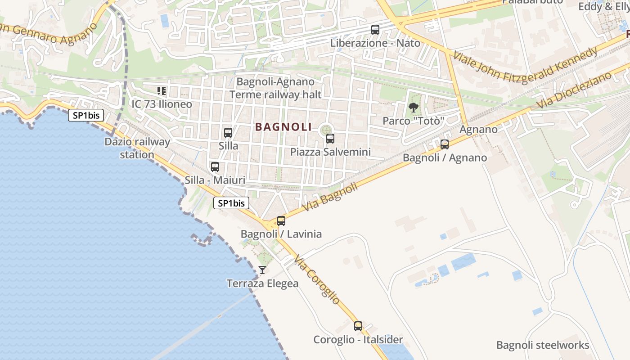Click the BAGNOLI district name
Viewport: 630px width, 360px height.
(283, 127)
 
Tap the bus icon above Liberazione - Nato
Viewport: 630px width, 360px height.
(375, 30)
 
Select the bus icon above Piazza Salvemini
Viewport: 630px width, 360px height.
(330, 139)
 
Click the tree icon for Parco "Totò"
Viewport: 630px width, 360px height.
(413, 108)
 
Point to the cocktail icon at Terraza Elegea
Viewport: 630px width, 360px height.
(262, 270)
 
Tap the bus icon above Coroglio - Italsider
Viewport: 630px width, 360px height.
(358, 326)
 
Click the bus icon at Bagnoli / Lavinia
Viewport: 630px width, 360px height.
(281, 221)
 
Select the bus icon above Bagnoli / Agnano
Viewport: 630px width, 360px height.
(445, 144)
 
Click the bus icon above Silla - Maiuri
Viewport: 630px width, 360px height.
(215, 167)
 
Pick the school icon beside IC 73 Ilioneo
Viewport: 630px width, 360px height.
(162, 91)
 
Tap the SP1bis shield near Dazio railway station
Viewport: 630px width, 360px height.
(86, 115)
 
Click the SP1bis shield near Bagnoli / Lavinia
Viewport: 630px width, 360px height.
(231, 203)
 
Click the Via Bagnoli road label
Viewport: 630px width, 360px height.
(330, 197)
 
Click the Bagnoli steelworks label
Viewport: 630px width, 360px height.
(543, 345)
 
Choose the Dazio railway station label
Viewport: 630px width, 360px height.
(137, 148)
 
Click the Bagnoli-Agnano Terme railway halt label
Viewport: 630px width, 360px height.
(275, 88)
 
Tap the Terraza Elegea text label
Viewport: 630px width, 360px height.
(262, 283)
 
